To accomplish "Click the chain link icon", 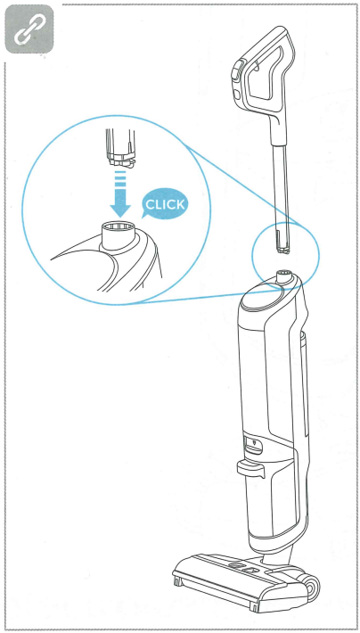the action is click(x=29, y=29).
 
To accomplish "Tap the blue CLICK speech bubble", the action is click(x=165, y=203).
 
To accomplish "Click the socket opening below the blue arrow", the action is click(x=116, y=228).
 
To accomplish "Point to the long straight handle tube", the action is click(x=282, y=191).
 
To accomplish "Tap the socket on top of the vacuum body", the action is click(x=282, y=277).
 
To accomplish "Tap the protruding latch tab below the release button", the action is click(x=249, y=467).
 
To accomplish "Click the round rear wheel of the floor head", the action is click(x=311, y=586).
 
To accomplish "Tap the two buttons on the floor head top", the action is click(x=244, y=568).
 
